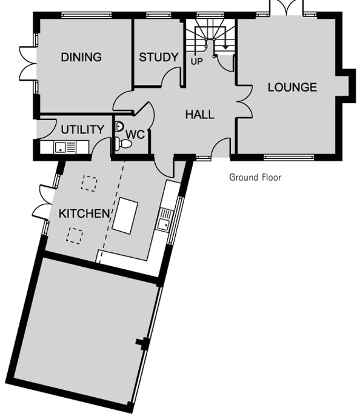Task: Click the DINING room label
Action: pyautogui.click(x=81, y=57)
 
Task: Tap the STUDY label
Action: pyautogui.click(x=159, y=57)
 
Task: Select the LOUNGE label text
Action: pyautogui.click(x=292, y=87)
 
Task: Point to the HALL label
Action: pyautogui.click(x=199, y=115)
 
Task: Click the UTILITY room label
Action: pyautogui.click(x=82, y=130)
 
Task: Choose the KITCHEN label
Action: pyautogui.click(x=84, y=213)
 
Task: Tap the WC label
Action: pyautogui.click(x=135, y=135)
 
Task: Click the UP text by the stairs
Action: pyautogui.click(x=197, y=62)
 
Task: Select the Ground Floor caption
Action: pyautogui.click(x=255, y=177)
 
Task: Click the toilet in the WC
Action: pyautogui.click(x=123, y=144)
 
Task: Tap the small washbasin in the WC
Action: pyautogui.click(x=119, y=126)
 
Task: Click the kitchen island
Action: pyautogui.click(x=125, y=215)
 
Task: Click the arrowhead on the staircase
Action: pyautogui.click(x=225, y=47)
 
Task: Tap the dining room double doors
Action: pyautogui.click(x=28, y=64)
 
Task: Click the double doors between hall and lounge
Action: pyautogui.click(x=244, y=102)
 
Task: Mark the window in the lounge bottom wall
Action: pyautogui.click(x=289, y=158)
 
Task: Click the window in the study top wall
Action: pyautogui.click(x=159, y=15)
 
